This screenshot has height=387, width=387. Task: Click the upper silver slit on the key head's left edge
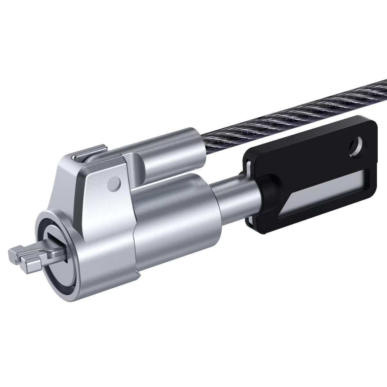249,168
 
